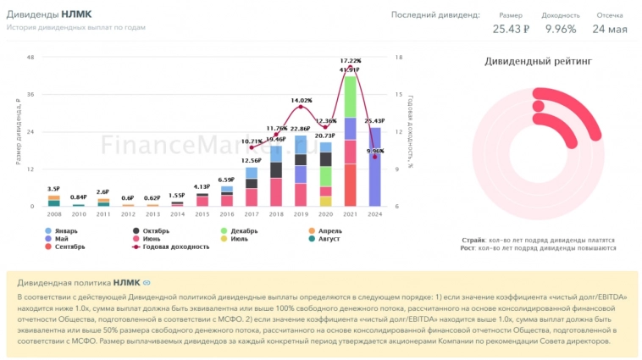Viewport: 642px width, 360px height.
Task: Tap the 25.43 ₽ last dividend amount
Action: click(511, 29)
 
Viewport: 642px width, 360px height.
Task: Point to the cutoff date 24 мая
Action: click(610, 29)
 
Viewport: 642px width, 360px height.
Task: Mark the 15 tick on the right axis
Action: click(398, 95)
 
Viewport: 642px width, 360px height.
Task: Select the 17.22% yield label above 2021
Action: click(350, 61)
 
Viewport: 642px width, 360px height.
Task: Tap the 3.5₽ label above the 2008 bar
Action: click(53, 189)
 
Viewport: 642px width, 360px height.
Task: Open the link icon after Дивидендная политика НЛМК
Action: click(147, 282)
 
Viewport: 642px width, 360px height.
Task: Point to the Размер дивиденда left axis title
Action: click(18, 131)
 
